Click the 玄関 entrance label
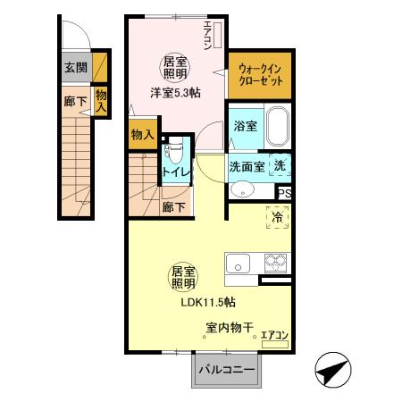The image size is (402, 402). click(75, 67)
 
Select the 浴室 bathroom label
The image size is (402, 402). click(245, 127)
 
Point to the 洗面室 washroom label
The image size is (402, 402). click(246, 166)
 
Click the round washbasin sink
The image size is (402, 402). click(241, 188)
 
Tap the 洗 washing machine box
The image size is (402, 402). click(280, 165)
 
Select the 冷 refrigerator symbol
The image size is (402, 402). click(276, 216)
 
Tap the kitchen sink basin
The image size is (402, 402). click(238, 263)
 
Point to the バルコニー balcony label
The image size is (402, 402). click(226, 369)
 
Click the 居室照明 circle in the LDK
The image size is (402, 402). click(185, 276)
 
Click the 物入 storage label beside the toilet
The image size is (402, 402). click(142, 135)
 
